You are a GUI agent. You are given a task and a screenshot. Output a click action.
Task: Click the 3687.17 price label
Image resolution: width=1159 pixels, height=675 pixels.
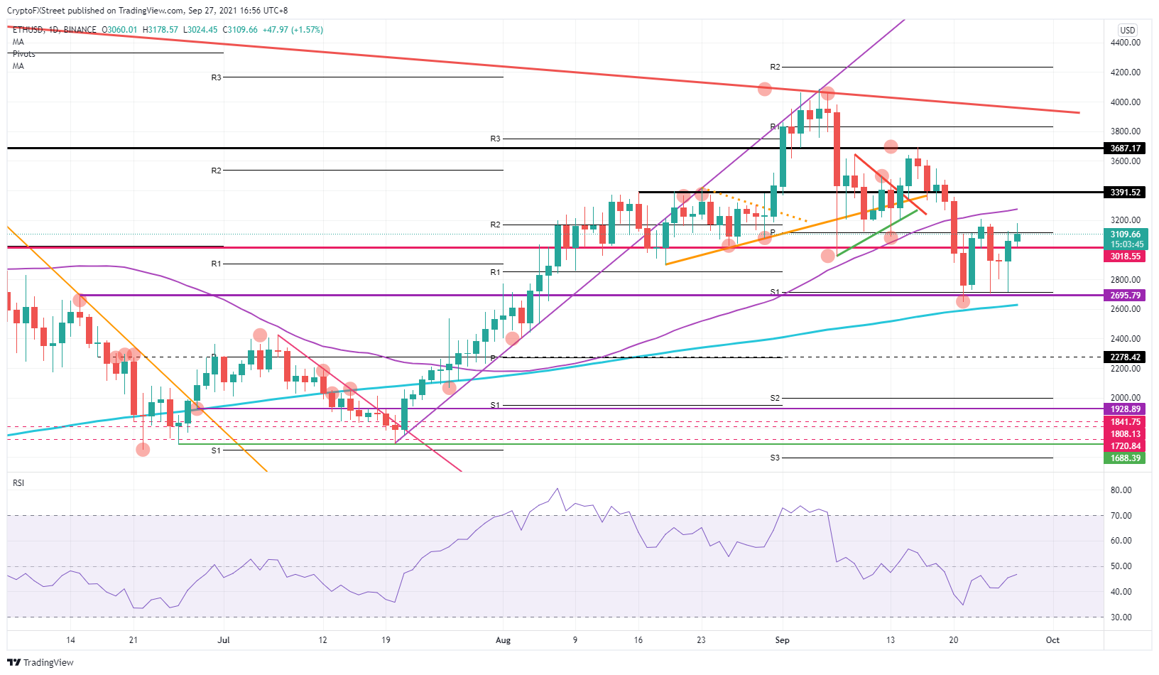point(1126,148)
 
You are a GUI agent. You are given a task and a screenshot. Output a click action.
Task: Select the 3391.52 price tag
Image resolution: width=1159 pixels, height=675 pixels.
point(1126,193)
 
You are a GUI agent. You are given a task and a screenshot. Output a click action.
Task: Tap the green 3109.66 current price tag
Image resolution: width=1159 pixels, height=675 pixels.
point(1126,234)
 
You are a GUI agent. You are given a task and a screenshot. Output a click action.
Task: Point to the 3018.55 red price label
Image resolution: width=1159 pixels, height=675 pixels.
point(1126,256)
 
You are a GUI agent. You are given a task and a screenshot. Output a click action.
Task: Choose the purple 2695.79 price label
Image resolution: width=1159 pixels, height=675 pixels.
point(1126,296)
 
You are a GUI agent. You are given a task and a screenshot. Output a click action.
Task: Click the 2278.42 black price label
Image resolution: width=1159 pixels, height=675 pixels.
point(1126,357)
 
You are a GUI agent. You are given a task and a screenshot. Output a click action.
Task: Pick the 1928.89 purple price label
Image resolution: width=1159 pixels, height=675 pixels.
point(1126,409)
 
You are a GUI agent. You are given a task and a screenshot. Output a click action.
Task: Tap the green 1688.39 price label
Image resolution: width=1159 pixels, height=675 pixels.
point(1126,458)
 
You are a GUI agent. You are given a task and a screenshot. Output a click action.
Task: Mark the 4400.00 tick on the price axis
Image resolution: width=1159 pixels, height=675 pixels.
point(1126,43)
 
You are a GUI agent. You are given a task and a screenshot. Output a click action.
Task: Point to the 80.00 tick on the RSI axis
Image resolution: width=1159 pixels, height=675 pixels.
point(1121,490)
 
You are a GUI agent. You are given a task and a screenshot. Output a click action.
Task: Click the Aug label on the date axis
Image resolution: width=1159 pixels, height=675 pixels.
point(503,640)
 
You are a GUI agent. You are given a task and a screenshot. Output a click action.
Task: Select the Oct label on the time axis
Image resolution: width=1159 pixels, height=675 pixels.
point(1052,640)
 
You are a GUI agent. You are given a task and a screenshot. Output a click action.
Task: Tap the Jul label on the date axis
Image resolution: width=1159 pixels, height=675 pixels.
point(224,640)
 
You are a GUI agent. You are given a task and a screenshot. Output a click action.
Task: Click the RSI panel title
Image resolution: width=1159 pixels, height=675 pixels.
point(18,483)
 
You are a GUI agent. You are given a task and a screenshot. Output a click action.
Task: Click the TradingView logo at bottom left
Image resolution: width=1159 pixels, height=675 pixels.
point(40,662)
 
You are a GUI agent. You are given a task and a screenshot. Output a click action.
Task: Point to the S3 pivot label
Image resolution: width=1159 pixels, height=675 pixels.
point(775,458)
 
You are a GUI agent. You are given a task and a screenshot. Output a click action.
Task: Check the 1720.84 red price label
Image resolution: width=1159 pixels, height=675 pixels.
point(1126,446)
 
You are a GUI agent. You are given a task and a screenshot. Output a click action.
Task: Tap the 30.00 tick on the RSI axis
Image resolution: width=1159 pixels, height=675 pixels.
point(1121,617)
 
